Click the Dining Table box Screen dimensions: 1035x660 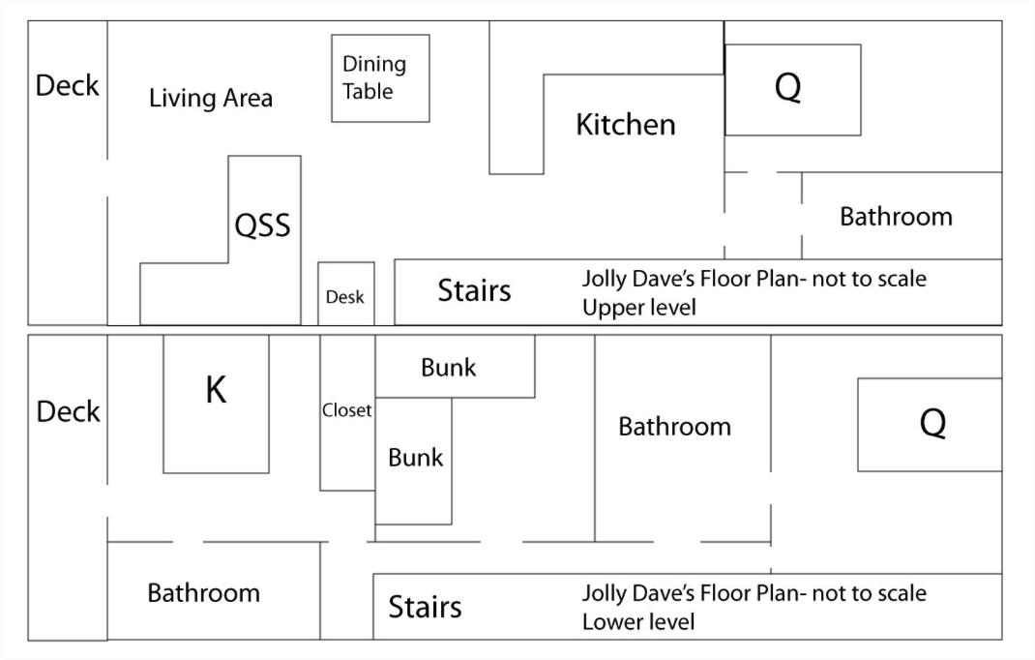pos(380,78)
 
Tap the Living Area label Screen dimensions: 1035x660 pos(211,98)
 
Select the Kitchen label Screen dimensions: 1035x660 pos(626,124)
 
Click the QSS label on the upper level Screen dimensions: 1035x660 pos(262,225)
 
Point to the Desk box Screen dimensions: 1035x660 pos(346,293)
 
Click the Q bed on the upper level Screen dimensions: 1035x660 pos(793,90)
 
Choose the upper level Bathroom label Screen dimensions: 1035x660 pos(896,217)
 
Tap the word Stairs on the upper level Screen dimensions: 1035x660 pos(474,290)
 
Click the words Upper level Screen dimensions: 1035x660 pos(639,308)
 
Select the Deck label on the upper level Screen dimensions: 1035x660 pos(67,85)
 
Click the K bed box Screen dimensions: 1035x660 pos(216,404)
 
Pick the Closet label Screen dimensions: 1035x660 pos(346,410)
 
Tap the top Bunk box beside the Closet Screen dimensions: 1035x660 pos(455,367)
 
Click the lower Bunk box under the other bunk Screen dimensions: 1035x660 pos(413,462)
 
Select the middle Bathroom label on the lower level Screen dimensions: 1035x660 pos(674,427)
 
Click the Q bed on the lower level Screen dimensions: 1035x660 pos(930,425)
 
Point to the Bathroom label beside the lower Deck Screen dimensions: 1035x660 pos(203,593)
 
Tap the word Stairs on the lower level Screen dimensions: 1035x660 pos(425,607)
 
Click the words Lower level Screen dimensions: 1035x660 pos(638,621)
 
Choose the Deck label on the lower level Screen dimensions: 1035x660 pos(68,411)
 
